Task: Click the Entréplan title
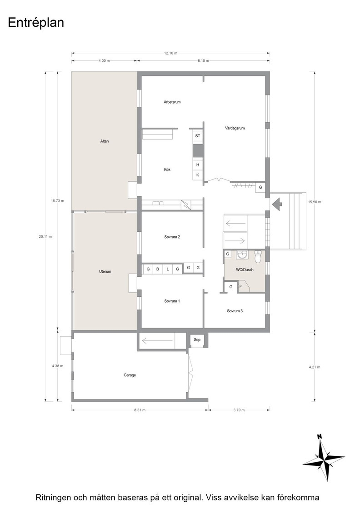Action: [x=36, y=23]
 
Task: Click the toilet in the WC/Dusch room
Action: [x=258, y=257]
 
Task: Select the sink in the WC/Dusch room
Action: [x=242, y=255]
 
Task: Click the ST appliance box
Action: [x=198, y=136]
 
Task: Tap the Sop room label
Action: [x=197, y=339]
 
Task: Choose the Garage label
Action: [x=130, y=375]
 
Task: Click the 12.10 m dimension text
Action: [x=171, y=53]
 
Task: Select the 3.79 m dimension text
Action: [x=239, y=410]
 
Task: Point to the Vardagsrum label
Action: [x=235, y=128]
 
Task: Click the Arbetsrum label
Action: [x=172, y=102]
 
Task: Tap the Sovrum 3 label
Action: [x=235, y=311]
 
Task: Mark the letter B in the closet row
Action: [x=158, y=269]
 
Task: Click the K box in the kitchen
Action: [x=198, y=175]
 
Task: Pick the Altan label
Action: [x=105, y=141]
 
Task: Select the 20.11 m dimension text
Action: [x=45, y=237]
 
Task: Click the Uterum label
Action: [x=105, y=271]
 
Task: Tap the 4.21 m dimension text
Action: [x=314, y=367]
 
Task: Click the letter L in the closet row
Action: [x=168, y=269]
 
